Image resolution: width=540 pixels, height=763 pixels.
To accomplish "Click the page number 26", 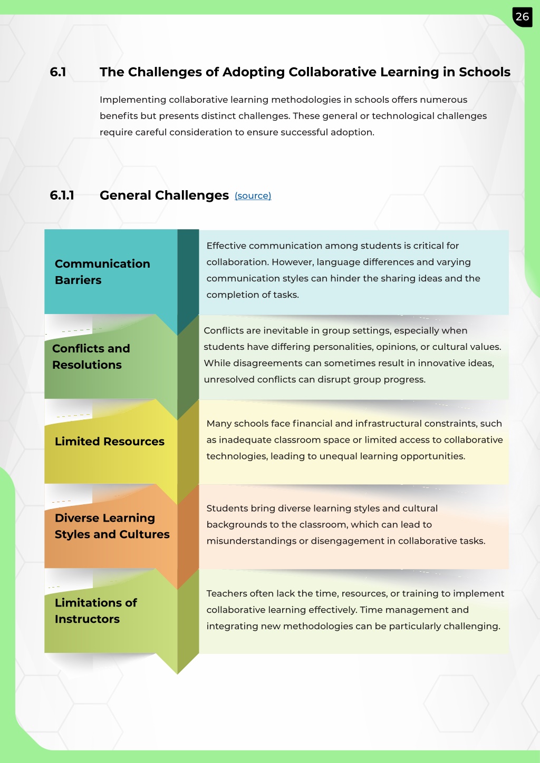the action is (x=522, y=17).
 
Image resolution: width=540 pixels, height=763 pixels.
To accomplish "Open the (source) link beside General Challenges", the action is (x=253, y=196).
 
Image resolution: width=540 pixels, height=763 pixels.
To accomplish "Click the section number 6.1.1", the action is (x=62, y=195).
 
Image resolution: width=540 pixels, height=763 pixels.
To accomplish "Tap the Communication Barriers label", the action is (x=102, y=272).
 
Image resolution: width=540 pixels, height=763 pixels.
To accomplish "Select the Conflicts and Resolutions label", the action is (x=91, y=357).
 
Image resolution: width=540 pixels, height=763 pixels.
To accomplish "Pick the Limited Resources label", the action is (x=110, y=442).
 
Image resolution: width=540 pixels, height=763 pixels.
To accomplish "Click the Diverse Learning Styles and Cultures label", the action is (x=112, y=526).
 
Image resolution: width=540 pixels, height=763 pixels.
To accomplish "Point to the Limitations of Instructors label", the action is (x=96, y=611).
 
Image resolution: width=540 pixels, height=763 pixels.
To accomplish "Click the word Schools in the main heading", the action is (x=485, y=72).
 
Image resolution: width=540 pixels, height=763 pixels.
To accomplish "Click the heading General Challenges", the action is (x=164, y=195).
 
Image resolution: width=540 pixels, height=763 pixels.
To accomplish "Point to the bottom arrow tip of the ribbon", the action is (x=178, y=674).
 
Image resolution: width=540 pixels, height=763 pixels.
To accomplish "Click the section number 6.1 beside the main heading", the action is (x=58, y=72).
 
